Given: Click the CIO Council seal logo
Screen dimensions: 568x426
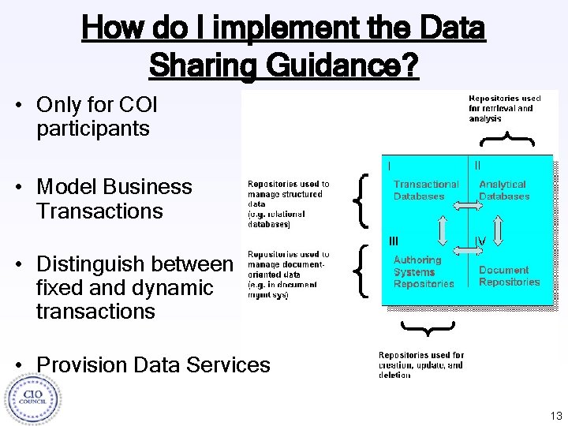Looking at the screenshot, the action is click(x=32, y=398).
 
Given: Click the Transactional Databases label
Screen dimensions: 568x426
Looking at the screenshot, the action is click(x=425, y=190).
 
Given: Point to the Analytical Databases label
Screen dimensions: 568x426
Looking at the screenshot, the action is click(x=503, y=190).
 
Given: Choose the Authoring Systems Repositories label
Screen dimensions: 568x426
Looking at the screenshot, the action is click(x=424, y=271).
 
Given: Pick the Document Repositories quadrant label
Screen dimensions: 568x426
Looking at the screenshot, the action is click(x=509, y=275).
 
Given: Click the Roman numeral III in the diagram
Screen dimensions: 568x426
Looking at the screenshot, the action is click(x=394, y=239).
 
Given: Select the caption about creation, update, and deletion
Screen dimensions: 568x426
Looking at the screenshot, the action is click(x=421, y=365).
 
